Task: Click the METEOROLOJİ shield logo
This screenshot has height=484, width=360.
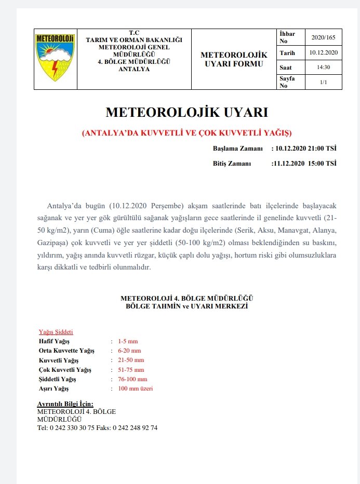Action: click(x=55, y=57)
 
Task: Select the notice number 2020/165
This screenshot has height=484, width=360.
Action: click(x=323, y=37)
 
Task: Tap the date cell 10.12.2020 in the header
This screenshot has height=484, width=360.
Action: click(x=323, y=52)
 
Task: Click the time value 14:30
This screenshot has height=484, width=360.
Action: click(x=323, y=67)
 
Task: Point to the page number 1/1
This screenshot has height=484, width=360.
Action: click(x=323, y=82)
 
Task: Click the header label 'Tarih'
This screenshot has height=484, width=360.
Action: click(x=287, y=53)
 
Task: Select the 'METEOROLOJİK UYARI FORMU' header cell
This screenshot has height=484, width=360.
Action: click(x=234, y=59)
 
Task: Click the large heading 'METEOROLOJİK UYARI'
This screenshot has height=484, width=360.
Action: click(x=186, y=113)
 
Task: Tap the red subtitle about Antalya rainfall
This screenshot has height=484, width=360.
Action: click(x=188, y=132)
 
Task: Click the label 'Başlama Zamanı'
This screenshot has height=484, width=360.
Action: click(x=237, y=149)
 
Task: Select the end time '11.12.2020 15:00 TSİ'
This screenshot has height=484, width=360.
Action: click(x=304, y=164)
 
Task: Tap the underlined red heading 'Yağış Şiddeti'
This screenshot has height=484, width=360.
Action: click(x=56, y=332)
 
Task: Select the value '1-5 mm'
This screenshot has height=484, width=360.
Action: click(x=128, y=341)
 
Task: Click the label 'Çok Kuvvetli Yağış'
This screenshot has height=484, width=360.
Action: click(x=65, y=370)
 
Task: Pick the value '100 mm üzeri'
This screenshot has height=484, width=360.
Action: click(x=135, y=388)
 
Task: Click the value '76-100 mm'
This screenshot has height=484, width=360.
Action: click(x=132, y=379)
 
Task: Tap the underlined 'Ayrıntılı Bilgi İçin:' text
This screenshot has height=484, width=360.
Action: click(x=65, y=404)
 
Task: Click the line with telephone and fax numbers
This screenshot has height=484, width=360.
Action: click(x=97, y=428)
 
